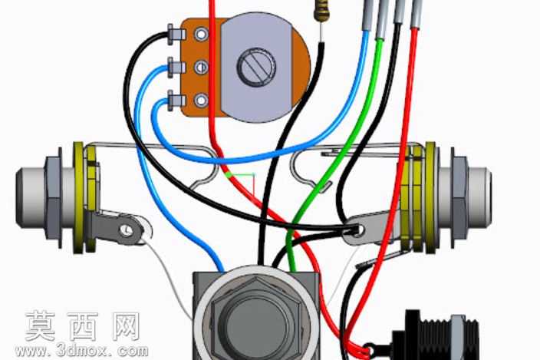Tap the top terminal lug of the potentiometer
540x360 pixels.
(x=176, y=34)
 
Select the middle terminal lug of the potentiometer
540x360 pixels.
(x=176, y=67)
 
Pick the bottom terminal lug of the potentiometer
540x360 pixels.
(x=176, y=101)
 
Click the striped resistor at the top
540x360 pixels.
(x=320, y=11)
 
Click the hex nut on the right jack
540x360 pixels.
(x=459, y=197)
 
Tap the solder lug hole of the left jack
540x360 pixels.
(x=127, y=229)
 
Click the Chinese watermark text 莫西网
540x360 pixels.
(x=83, y=326)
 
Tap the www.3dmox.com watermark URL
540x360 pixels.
(x=81, y=351)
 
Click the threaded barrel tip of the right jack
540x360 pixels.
(x=479, y=197)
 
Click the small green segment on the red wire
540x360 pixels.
(x=228, y=174)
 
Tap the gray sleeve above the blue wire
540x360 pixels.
(x=367, y=15)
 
